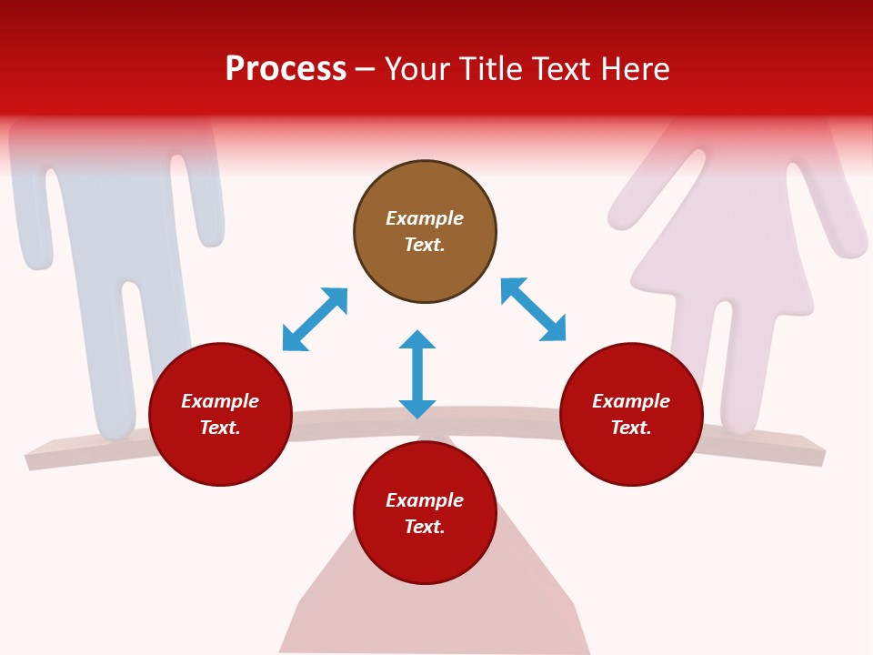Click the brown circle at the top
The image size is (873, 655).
click(425, 232)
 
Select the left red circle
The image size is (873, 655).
click(220, 414)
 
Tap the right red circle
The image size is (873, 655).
click(631, 414)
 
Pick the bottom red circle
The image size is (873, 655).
click(425, 513)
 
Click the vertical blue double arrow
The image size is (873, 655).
click(417, 374)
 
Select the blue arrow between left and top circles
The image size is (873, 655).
click(315, 319)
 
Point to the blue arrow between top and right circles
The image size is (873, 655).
click(534, 309)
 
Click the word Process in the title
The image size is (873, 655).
click(286, 68)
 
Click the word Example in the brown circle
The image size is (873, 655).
click(425, 218)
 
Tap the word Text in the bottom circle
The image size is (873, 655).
click(425, 527)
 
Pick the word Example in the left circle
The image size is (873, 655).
click(220, 401)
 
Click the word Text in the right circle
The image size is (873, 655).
click(631, 428)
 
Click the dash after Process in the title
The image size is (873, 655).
click(366, 70)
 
